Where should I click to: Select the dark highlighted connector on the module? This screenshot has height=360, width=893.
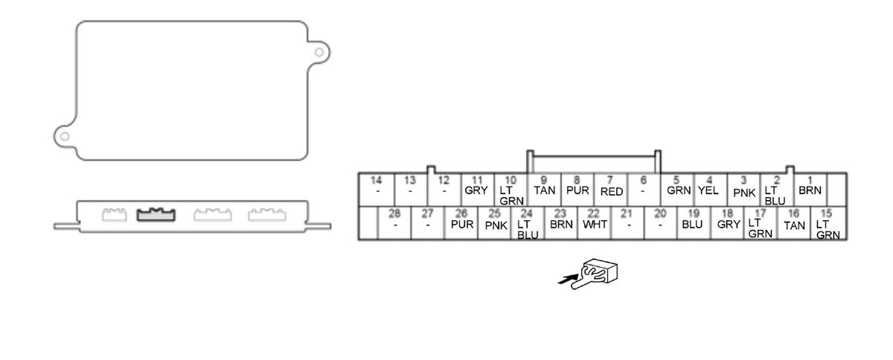pyautogui.click(x=156, y=215)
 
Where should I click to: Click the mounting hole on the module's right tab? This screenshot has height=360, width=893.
pyautogui.click(x=319, y=52)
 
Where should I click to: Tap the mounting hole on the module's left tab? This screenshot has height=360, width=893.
pyautogui.click(x=65, y=137)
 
